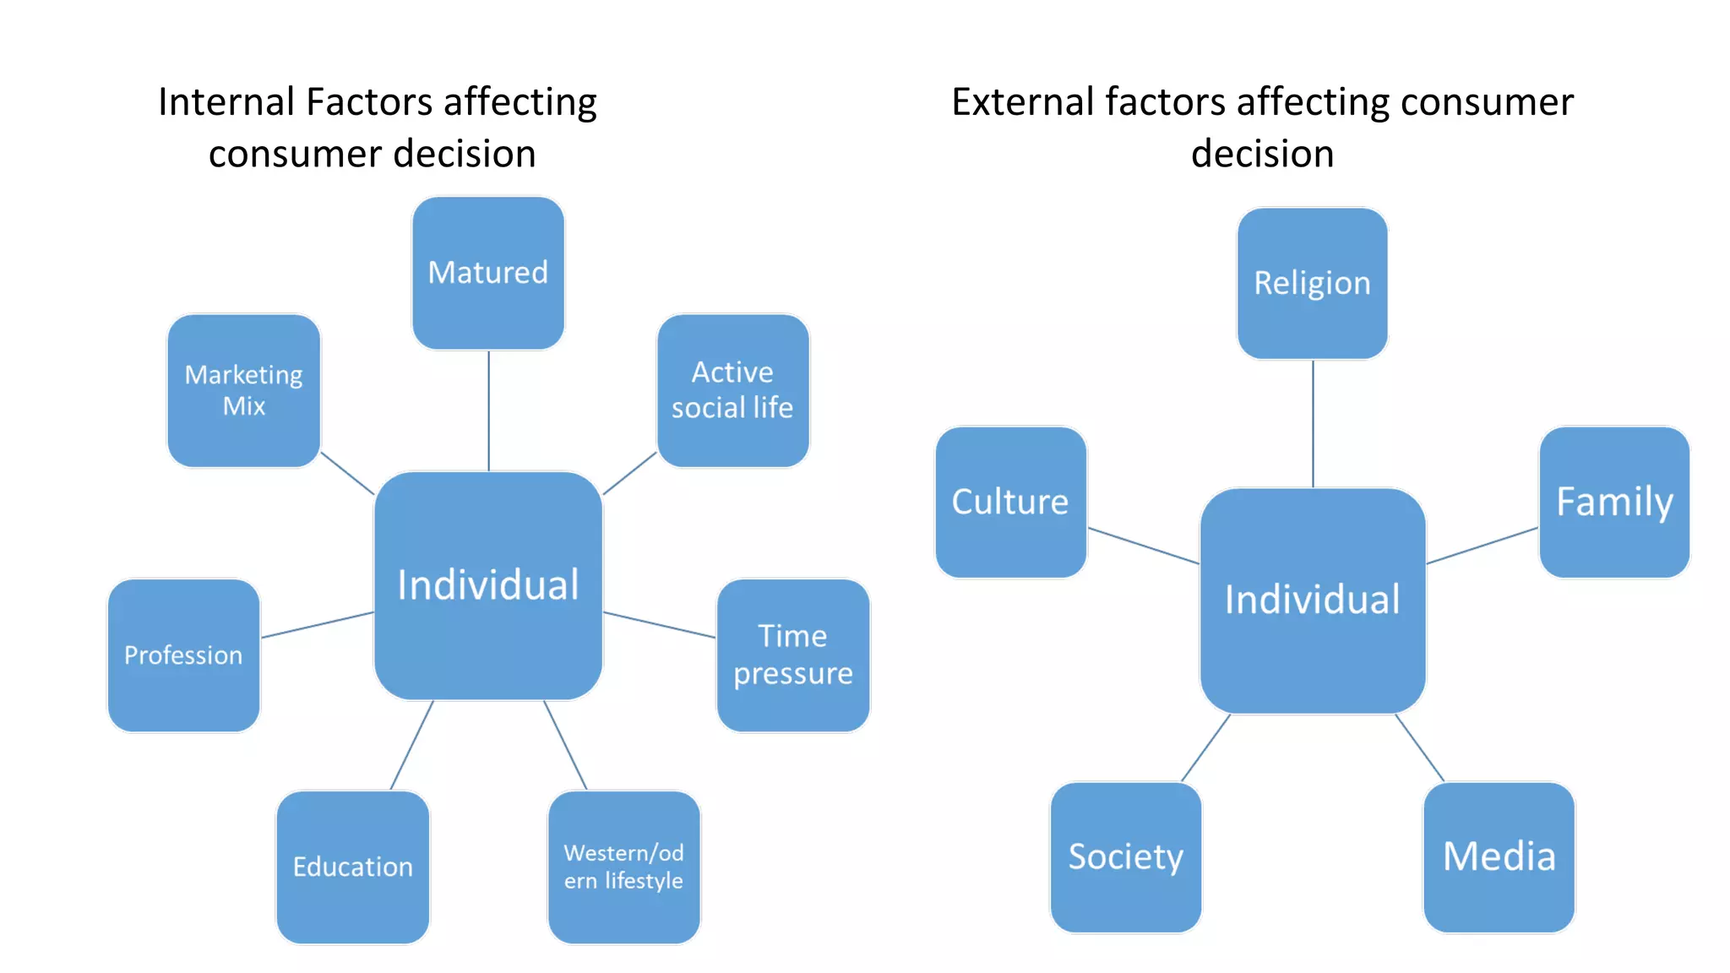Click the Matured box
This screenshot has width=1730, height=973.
pyautogui.click(x=488, y=273)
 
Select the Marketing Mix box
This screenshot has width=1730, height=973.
pyautogui.click(x=244, y=390)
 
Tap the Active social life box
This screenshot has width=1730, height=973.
pyautogui.click(x=732, y=390)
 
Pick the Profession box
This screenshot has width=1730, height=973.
pyautogui.click(x=183, y=655)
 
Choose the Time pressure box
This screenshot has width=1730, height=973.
pyautogui.click(x=792, y=655)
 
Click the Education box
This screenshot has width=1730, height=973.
pyautogui.click(x=353, y=867)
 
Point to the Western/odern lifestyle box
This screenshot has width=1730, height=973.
pyautogui.click(x=623, y=867)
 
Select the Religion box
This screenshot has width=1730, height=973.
pyautogui.click(x=1312, y=284)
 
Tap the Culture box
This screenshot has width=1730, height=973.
pyautogui.click(x=1010, y=502)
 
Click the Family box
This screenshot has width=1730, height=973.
pyautogui.click(x=1614, y=502)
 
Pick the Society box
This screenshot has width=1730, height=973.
pyautogui.click(x=1125, y=856)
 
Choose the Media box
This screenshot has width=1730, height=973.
pyautogui.click(x=1499, y=856)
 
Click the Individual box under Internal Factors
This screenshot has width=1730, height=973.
pyautogui.click(x=488, y=585)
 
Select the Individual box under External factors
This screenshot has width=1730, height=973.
pyautogui.click(x=1312, y=600)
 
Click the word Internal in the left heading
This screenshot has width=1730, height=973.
pyautogui.click(x=226, y=102)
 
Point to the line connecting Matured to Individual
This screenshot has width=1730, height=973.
pyautogui.click(x=488, y=410)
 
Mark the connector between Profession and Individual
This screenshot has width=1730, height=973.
pyautogui.click(x=318, y=624)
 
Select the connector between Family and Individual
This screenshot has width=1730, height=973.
pyautogui.click(x=1482, y=546)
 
